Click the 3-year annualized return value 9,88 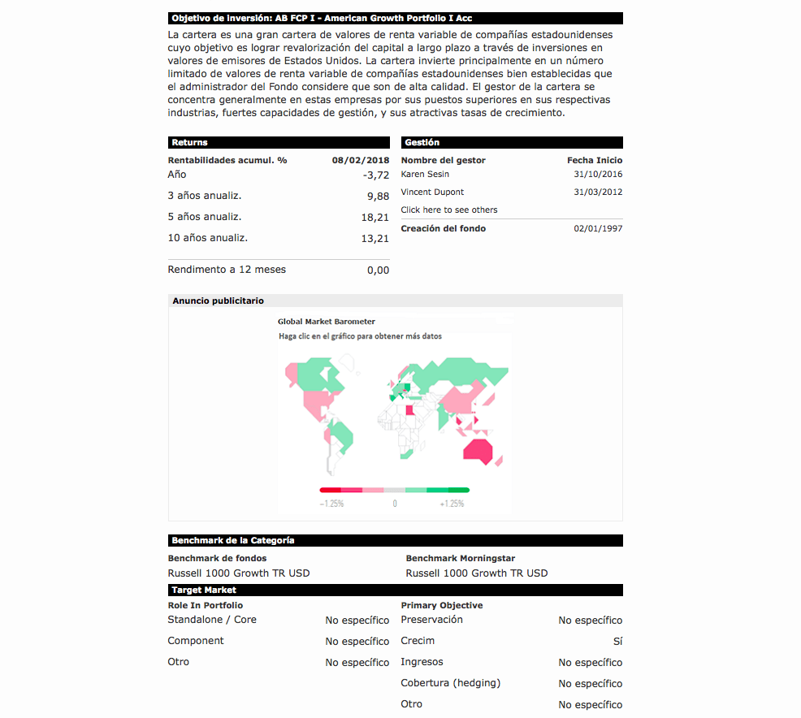tap(378, 197)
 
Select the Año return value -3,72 tap(376, 175)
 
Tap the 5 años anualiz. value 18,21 tap(375, 218)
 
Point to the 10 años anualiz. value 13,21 tap(375, 239)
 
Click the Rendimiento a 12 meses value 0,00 tap(378, 270)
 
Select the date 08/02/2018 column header tap(361, 161)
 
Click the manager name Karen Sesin tap(425, 175)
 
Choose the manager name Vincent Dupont tap(432, 192)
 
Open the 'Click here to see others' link tap(449, 210)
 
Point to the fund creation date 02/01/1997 tap(598, 229)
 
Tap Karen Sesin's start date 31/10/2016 tap(598, 175)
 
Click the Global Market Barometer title tap(327, 322)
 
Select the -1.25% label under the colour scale tap(331, 504)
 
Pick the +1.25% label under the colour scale tap(452, 504)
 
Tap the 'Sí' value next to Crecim tap(617, 642)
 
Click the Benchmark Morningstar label tap(460, 559)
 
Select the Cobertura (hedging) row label tap(451, 683)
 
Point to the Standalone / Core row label tap(212, 620)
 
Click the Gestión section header tap(422, 143)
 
